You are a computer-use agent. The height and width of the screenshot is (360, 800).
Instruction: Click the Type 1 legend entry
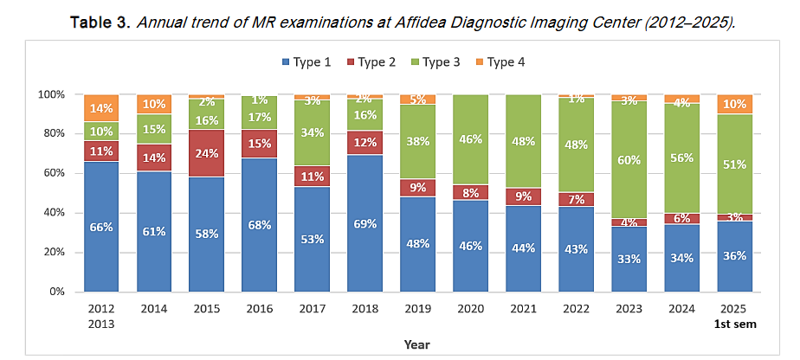(306, 62)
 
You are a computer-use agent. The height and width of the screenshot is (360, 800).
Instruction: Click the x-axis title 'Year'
(416, 344)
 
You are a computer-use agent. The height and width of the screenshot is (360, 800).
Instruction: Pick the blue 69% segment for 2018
(364, 223)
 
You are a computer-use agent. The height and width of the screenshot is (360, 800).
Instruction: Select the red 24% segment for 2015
(206, 154)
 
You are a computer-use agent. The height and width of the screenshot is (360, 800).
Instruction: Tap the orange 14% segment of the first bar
(101, 108)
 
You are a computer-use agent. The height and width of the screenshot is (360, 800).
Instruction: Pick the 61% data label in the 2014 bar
(153, 231)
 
